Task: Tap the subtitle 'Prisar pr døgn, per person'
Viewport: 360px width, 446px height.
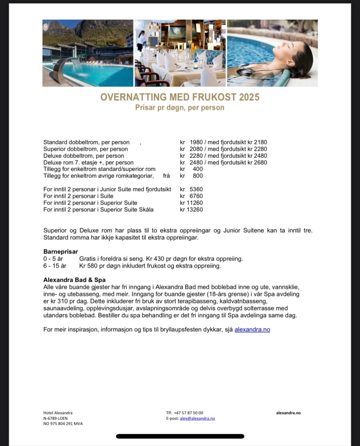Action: (x=180, y=108)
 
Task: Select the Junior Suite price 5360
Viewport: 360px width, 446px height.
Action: (x=196, y=189)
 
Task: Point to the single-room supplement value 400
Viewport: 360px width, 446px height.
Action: (x=197, y=169)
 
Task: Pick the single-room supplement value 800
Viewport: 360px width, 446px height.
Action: (x=197, y=176)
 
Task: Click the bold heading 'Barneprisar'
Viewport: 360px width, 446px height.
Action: (x=61, y=252)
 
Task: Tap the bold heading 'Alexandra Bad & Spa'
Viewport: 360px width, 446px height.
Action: (x=75, y=280)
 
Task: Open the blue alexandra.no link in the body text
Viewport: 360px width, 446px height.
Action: (x=252, y=330)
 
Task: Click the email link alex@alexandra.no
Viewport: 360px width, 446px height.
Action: (x=197, y=419)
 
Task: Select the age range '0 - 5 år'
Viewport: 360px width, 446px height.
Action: (x=54, y=259)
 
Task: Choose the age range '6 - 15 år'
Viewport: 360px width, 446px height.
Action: (x=55, y=266)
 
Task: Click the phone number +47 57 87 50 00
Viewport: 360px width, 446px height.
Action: (x=188, y=413)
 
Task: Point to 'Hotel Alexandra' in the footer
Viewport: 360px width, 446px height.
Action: (x=58, y=413)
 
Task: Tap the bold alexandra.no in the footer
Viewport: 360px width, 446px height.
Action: (x=288, y=413)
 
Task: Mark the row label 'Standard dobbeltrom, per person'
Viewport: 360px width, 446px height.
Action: (x=86, y=142)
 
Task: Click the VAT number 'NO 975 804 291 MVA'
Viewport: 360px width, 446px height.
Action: (x=63, y=424)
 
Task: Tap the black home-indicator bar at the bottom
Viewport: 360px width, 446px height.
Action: (x=180, y=436)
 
